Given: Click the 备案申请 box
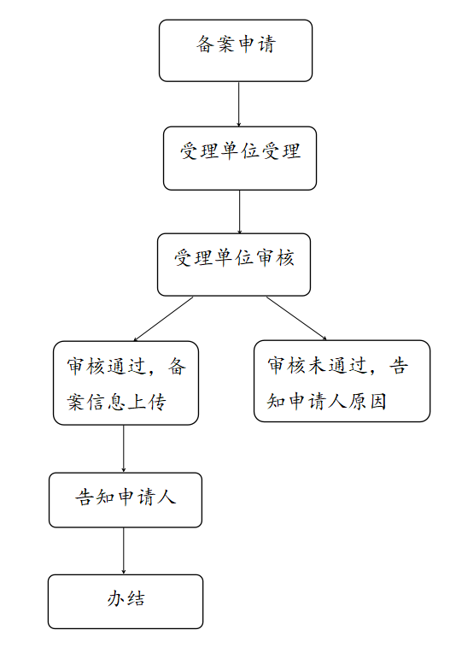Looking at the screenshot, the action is click(x=236, y=50).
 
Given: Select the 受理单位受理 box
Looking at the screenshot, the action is click(x=240, y=158).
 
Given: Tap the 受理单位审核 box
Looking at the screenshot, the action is click(x=234, y=265).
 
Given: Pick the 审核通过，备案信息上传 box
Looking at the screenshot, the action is click(x=126, y=383).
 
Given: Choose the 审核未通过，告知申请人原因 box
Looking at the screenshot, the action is click(x=342, y=381).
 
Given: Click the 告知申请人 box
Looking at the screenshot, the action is click(x=126, y=500).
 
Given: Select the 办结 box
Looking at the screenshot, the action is click(x=126, y=602).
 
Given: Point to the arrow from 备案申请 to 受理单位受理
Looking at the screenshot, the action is click(x=238, y=104).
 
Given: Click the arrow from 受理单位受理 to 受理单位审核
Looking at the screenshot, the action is click(x=239, y=212).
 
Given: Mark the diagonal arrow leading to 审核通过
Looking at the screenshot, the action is click(x=163, y=319).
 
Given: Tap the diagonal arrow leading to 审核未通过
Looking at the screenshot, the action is click(x=296, y=318).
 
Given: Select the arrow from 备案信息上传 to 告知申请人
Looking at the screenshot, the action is click(x=124, y=449).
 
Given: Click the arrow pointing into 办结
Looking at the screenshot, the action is click(x=124, y=551).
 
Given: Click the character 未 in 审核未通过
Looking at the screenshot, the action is click(x=318, y=365).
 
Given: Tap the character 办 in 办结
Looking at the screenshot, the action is click(x=115, y=598).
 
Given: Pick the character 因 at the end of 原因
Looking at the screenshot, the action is click(x=378, y=401).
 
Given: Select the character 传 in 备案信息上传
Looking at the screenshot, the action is click(x=157, y=402).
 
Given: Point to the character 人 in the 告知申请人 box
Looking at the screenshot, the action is click(x=167, y=497).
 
